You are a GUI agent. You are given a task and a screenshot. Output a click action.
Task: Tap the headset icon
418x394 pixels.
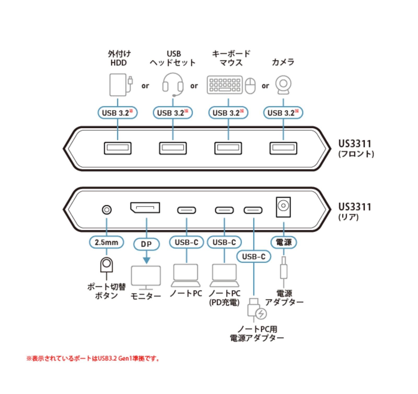coord(173,84)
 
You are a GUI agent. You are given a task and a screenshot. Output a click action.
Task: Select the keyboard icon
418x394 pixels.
coord(225,85)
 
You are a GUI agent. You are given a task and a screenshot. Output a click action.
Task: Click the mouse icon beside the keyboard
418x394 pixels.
coord(250,86)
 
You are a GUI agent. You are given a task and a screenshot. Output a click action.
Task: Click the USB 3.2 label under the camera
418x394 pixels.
coord(283,113)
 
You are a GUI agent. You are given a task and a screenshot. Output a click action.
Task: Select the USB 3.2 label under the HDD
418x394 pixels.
coord(118,113)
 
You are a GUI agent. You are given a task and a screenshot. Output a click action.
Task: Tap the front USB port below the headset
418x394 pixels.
coord(173,148)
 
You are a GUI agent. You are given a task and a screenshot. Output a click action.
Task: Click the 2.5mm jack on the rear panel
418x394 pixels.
coord(107,210)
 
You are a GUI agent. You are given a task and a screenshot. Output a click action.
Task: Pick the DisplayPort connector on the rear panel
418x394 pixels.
coord(145,208)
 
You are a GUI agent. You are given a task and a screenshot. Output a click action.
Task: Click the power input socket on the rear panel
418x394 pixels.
coord(283,207)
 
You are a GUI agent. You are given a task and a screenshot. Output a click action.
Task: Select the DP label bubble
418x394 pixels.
coord(146,244)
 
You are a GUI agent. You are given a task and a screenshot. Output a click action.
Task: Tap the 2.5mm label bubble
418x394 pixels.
coord(106,242)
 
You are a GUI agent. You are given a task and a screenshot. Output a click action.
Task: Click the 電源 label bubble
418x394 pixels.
coord(284,242)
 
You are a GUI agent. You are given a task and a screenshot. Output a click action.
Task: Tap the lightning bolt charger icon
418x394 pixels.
coord(261,314)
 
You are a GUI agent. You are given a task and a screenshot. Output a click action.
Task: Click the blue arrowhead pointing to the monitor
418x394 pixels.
coord(147,260)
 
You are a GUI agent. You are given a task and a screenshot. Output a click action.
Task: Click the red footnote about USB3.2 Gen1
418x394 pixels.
coord(93,358)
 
